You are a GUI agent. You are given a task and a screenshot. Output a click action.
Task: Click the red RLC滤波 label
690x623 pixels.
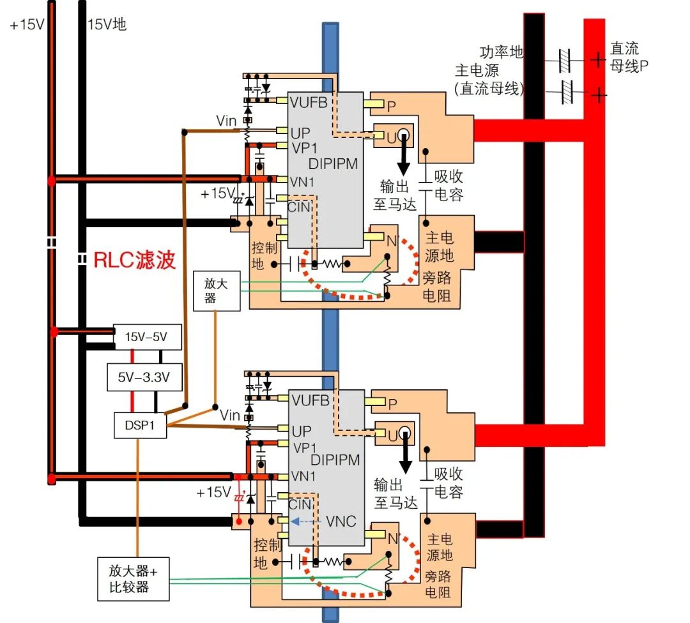point(134,260)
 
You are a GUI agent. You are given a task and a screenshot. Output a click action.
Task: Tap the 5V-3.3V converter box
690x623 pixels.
point(144,378)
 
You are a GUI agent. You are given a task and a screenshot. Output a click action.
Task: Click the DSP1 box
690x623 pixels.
point(140,425)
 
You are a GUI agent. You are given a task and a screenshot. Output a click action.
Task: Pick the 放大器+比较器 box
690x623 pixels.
point(133,579)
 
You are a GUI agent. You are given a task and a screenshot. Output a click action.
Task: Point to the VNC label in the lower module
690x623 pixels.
point(341,521)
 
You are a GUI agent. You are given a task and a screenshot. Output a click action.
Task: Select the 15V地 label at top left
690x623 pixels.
point(107,25)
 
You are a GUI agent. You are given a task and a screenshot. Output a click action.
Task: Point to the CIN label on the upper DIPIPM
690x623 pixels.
point(300,206)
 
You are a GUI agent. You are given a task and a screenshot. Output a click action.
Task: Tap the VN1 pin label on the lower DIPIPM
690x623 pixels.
point(303,476)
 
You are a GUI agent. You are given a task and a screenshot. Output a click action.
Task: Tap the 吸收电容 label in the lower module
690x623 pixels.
point(448,483)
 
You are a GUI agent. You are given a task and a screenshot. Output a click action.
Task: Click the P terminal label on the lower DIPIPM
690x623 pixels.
point(393,404)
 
